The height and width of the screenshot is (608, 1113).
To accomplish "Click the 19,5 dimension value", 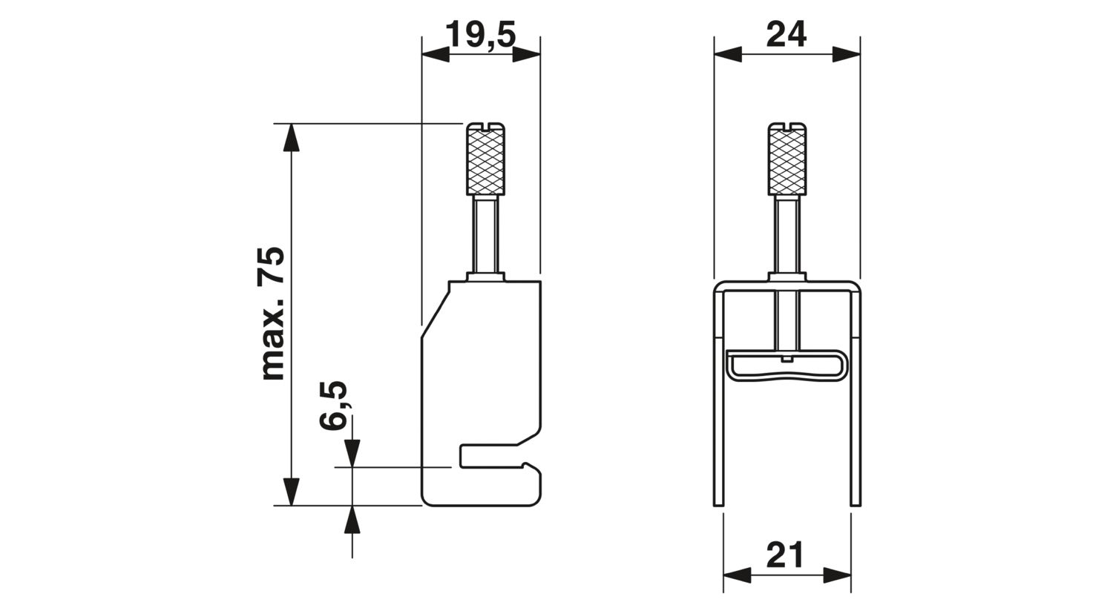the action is (x=481, y=34).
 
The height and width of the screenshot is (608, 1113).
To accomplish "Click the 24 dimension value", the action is (x=786, y=34).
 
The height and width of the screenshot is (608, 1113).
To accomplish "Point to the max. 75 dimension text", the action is (x=272, y=313).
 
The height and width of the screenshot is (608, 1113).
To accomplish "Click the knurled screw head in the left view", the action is (x=485, y=159).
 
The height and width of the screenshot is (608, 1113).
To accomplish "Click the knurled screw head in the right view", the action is (x=787, y=159).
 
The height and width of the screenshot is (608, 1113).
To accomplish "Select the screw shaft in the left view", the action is (x=485, y=234).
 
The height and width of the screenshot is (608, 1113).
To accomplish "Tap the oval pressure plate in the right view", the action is (x=787, y=366).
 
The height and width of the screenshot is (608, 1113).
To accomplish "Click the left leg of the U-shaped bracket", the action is (x=719, y=397).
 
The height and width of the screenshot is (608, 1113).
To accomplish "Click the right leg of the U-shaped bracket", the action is (x=856, y=397).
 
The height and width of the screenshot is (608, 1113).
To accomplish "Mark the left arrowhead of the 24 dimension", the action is (x=727, y=54).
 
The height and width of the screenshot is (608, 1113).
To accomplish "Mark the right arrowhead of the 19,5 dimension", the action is (x=526, y=54).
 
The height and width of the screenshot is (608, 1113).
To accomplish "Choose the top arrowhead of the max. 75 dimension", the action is (x=291, y=137).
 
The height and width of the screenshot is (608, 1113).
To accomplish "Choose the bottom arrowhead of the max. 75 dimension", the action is (x=291, y=492).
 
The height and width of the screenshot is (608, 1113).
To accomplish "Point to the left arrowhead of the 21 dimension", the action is (x=737, y=575).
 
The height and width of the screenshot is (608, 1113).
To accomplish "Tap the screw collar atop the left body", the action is (x=485, y=277).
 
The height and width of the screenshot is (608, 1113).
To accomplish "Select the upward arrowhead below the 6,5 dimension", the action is (x=352, y=520).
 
